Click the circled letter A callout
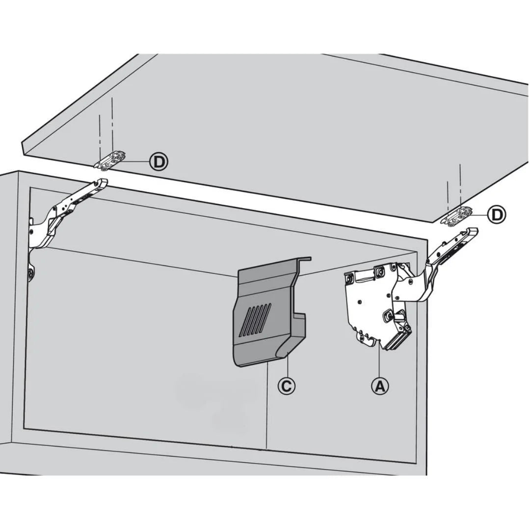click(x=379, y=386)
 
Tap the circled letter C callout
click(x=287, y=386)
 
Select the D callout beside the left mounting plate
click(x=159, y=161)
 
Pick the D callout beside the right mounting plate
click(x=497, y=214)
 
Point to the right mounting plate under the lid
click(x=457, y=216)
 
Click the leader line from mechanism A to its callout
click(x=379, y=361)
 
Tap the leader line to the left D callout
click(x=138, y=161)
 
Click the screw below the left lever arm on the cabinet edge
click(x=31, y=274)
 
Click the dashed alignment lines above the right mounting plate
click(x=454, y=186)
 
